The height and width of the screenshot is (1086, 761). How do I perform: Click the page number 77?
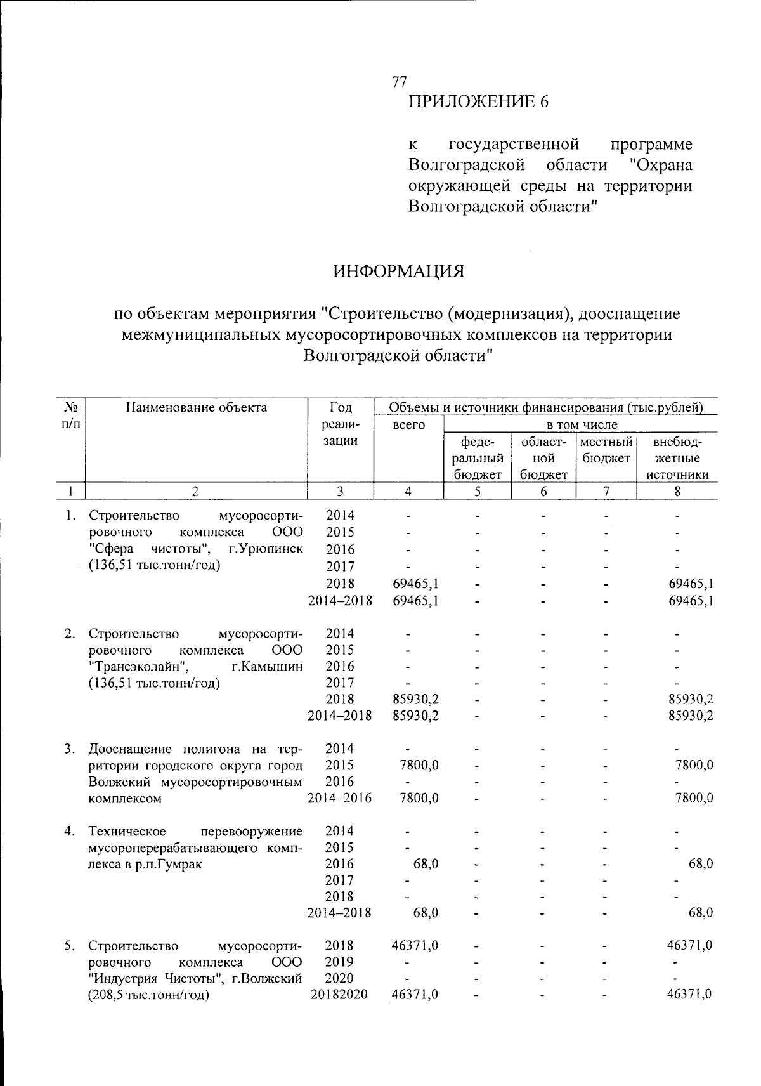[400, 81]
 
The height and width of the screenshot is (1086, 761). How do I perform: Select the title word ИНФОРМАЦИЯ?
[399, 271]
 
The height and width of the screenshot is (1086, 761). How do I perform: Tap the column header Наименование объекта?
[196, 407]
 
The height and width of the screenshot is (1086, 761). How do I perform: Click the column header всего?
[409, 424]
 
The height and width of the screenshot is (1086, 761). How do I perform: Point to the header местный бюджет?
[606, 449]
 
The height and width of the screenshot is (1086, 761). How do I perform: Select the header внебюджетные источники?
[677, 457]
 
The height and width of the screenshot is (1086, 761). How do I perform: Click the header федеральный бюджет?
[478, 457]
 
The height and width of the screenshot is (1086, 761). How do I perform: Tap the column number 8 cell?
[677, 490]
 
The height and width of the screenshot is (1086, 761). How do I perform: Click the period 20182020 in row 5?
[339, 995]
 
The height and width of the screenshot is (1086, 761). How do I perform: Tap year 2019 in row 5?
[339, 962]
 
